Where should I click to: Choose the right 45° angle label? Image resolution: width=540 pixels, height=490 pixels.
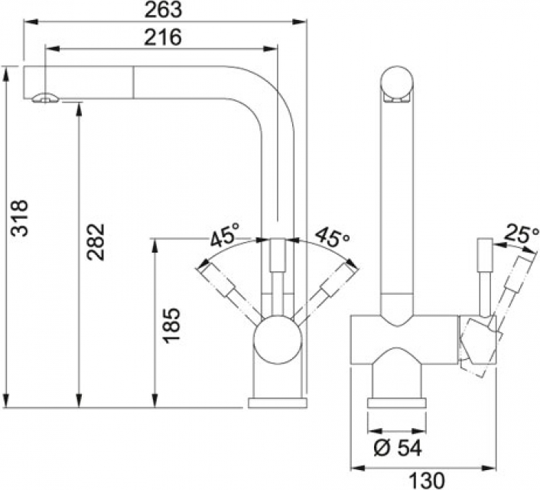coord(333,236)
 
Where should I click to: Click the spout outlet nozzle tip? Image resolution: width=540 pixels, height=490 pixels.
coord(44,97)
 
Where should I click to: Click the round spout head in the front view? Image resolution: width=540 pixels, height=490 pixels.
coord(396,84)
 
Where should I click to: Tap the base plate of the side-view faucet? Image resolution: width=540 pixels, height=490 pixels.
coord(277,403)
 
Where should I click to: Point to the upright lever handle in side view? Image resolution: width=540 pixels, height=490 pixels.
coord(277,276)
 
